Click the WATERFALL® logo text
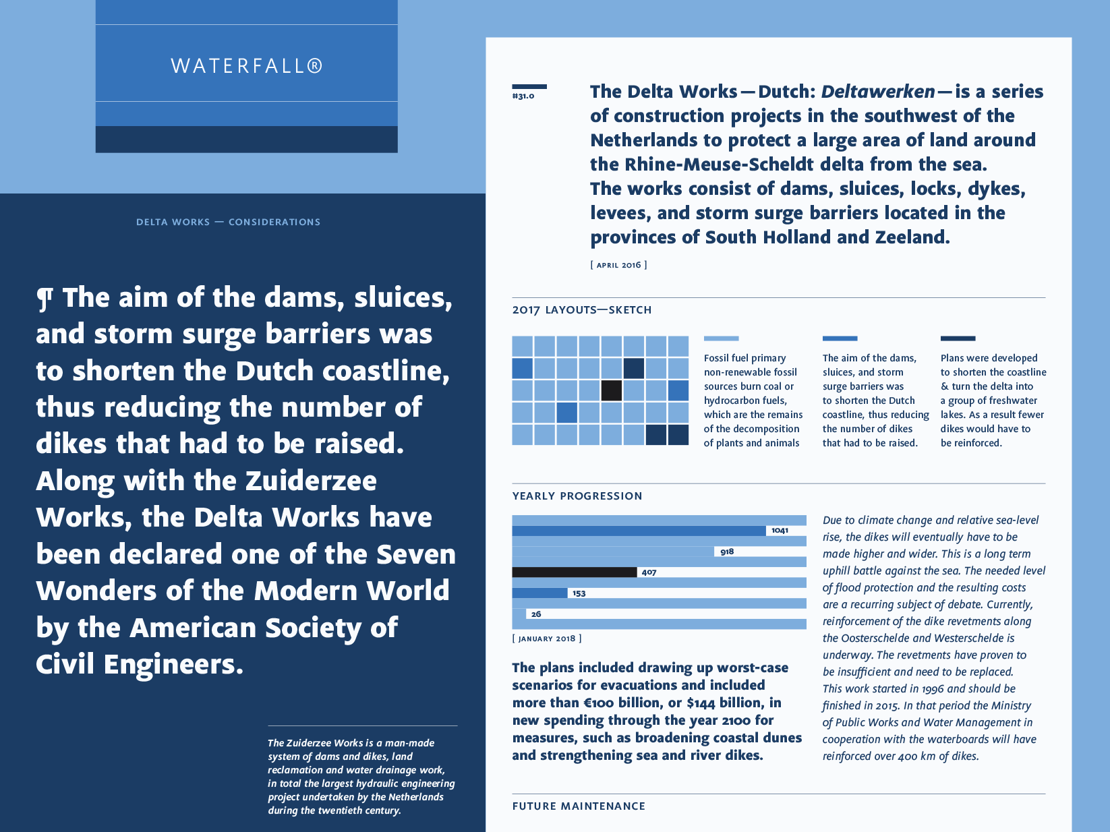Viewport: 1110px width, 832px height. pos(247,65)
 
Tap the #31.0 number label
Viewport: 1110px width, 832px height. pos(523,96)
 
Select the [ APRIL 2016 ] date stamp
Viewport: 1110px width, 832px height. pos(618,265)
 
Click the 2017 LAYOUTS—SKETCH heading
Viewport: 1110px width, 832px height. pos(581,309)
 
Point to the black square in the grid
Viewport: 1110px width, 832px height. pos(611,390)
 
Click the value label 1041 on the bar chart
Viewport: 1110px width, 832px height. pos(780,531)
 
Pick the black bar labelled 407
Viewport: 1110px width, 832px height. pos(574,572)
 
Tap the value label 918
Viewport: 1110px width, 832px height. pos(727,552)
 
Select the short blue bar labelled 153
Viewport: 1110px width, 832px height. pos(539,593)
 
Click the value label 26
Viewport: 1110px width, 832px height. pos(536,614)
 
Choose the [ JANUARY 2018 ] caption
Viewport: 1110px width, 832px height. pos(547,638)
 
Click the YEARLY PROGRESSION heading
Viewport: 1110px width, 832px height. pos(577,496)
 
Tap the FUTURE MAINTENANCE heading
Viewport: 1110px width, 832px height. pos(579,806)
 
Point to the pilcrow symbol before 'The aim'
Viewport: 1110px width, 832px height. pos(45,299)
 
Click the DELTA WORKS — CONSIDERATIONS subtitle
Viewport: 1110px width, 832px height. pos(228,222)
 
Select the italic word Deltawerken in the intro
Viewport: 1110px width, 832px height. pos(878,92)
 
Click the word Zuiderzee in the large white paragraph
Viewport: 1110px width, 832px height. pos(311,481)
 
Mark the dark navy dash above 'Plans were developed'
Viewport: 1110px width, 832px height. pos(958,338)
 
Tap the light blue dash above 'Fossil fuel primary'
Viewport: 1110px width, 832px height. pos(721,338)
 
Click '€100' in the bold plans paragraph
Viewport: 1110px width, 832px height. pos(599,703)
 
